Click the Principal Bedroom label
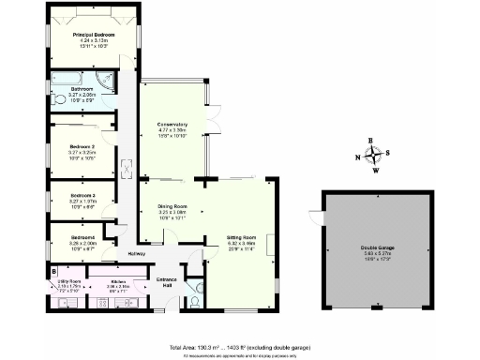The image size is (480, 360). pos(94,36)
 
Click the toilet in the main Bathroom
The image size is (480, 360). pos(58,98)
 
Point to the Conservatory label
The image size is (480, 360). pos(172,124)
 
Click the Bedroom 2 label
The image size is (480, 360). pos(83,146)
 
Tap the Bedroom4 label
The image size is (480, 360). pos(83,238)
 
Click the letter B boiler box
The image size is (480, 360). pos(54,274)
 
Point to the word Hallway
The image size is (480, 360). pos(136,255)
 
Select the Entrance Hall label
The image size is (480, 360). pos(167,280)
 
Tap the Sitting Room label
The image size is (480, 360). pos(242,238)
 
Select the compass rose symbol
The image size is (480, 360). pos(372,156)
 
